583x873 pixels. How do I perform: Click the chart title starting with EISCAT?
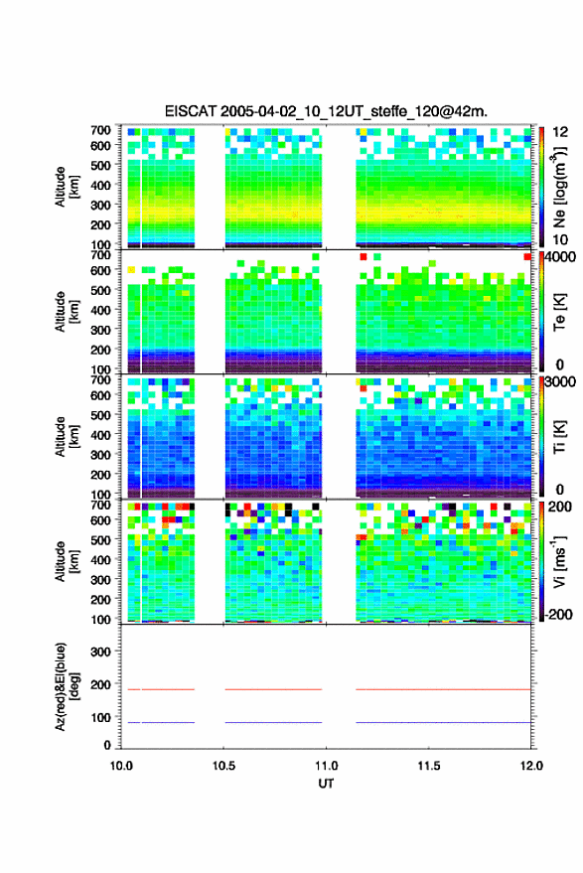326,111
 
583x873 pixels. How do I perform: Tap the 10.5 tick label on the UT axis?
223,766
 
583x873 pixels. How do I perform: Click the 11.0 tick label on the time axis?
326,766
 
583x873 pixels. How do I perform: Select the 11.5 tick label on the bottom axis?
428,766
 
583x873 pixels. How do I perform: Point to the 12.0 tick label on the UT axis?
531,766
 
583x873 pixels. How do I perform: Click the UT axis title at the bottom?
326,784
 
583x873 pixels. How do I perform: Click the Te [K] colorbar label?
559,312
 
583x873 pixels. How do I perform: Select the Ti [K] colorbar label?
559,437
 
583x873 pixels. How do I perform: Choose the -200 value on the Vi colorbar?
558,614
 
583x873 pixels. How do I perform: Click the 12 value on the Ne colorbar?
560,132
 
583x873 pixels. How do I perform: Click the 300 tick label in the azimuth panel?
100,652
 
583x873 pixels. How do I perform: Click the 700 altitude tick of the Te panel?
100,255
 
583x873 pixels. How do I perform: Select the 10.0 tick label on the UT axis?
121,766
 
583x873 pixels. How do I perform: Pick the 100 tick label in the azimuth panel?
100,717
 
